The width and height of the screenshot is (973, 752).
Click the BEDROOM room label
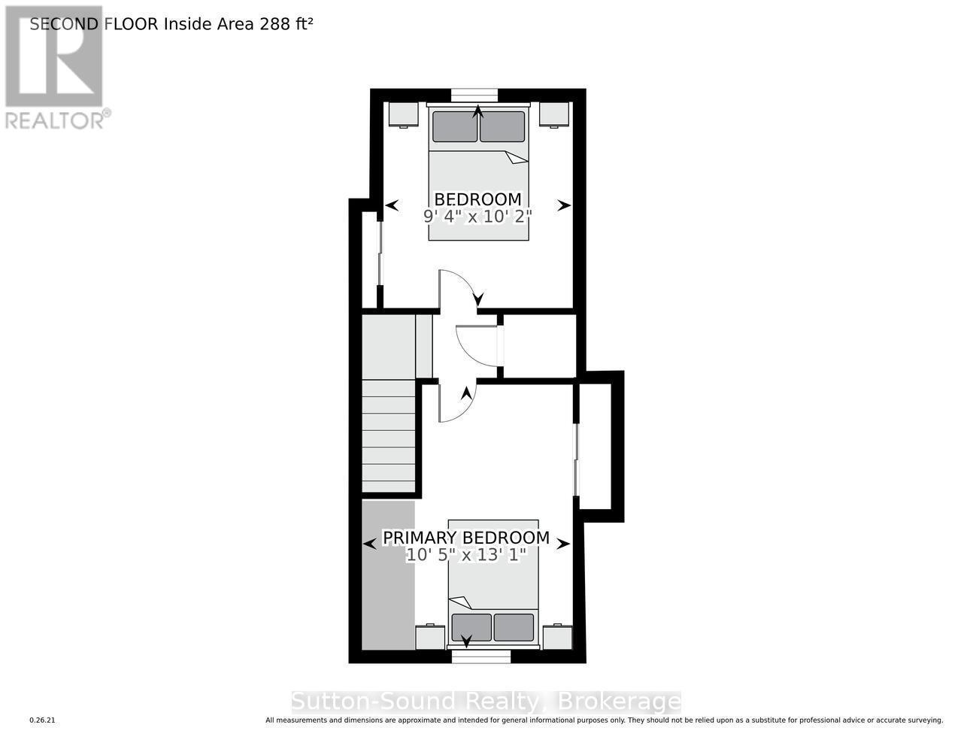[x=477, y=199]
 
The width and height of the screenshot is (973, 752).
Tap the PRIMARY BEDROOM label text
[x=465, y=538]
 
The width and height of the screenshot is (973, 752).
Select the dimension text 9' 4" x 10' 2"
[x=477, y=217]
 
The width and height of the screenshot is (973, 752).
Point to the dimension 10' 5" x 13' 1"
[x=465, y=555]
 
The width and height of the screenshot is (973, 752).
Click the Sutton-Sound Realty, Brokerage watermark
[x=486, y=702]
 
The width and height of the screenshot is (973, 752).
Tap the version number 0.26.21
[x=43, y=720]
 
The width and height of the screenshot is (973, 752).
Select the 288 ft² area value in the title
[x=286, y=23]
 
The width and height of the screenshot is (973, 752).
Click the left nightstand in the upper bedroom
[x=403, y=114]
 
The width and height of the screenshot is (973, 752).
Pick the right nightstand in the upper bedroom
[x=554, y=114]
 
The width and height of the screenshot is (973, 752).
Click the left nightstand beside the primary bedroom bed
[x=430, y=637]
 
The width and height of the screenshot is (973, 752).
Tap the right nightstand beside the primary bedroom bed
[x=557, y=637]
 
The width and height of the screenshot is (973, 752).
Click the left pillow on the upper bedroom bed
[x=454, y=126]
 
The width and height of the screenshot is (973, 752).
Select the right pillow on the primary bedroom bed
[x=514, y=627]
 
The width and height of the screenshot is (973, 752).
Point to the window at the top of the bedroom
[x=474, y=95]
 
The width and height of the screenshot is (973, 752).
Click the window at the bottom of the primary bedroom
[x=481, y=656]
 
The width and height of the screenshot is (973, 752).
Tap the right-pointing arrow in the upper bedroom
[x=563, y=205]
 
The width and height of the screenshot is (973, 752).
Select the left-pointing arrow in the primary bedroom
[x=369, y=544]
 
